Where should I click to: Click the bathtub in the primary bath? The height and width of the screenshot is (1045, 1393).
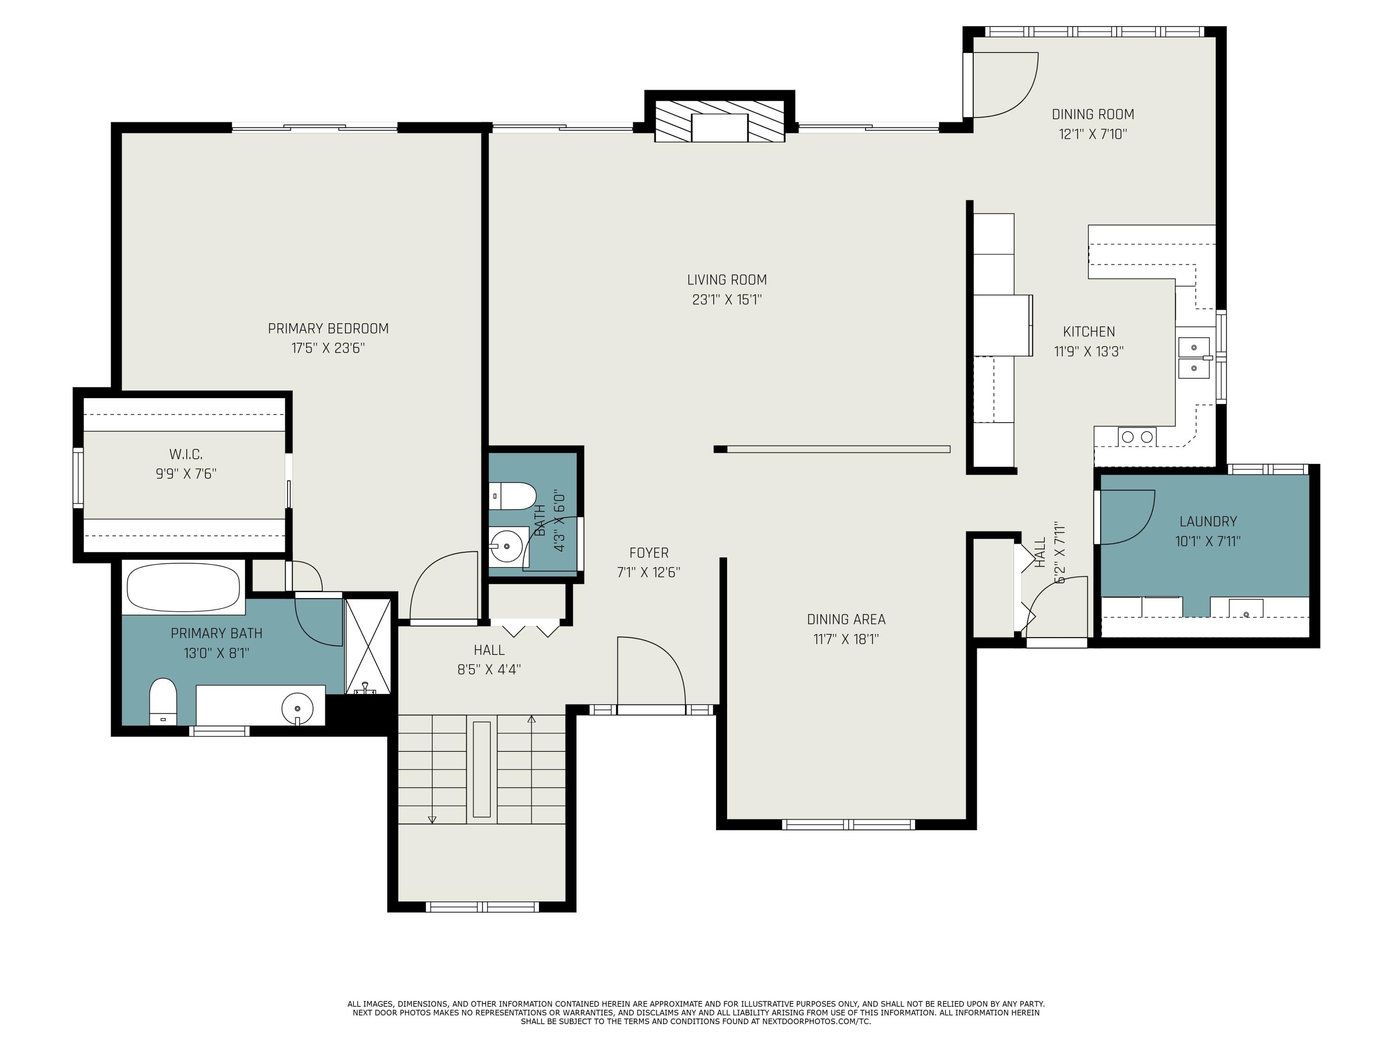(183, 587)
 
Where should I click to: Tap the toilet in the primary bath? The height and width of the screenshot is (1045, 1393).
(163, 700)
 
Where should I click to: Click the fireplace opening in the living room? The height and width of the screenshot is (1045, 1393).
(719, 128)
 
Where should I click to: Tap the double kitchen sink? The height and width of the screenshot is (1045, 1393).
(1194, 357)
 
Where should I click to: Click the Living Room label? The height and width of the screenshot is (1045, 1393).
(727, 280)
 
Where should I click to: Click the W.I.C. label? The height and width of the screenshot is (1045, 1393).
(186, 454)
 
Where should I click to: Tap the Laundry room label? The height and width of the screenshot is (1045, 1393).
(1208, 522)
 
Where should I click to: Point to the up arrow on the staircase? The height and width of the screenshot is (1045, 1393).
(532, 720)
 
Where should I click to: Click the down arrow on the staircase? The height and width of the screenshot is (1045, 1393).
(432, 819)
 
